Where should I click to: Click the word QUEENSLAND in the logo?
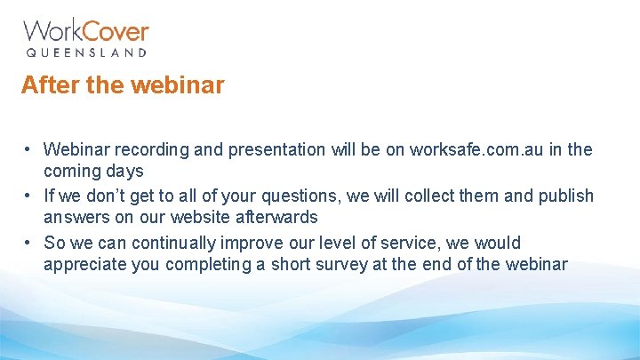tap(85, 53)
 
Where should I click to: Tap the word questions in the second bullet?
tap(318, 196)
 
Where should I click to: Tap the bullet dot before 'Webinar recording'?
tap(29, 149)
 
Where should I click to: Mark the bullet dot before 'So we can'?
tap(29, 242)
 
